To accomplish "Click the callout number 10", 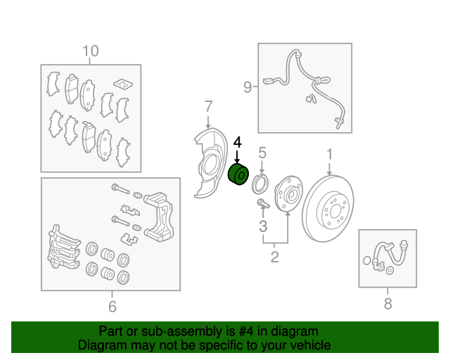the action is (x=91, y=51).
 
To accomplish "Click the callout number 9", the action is (x=247, y=86).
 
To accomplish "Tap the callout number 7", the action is (x=209, y=106).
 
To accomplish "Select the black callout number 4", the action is (x=238, y=143).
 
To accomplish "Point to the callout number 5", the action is (x=262, y=153).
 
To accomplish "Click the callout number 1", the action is (x=330, y=154).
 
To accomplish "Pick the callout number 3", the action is (x=263, y=226).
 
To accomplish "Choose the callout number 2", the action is (x=275, y=257).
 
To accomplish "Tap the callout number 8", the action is (x=387, y=304).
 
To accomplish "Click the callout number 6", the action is (x=112, y=307).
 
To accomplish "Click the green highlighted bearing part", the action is (x=238, y=174).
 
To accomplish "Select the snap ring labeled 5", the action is (x=259, y=184).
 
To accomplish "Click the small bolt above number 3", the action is (x=263, y=203).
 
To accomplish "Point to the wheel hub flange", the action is (x=288, y=193).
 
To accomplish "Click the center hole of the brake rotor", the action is (x=335, y=212).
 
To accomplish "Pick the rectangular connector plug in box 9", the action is (x=269, y=82).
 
